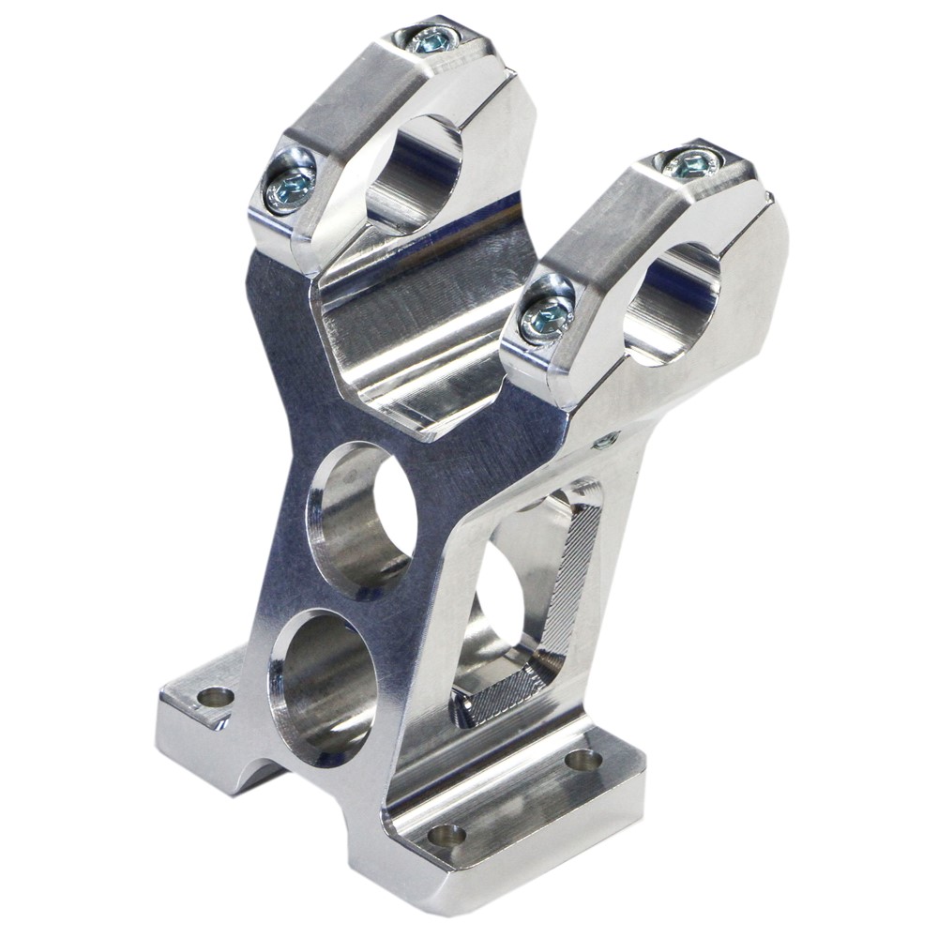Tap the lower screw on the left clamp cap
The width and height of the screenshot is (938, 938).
click(288, 190)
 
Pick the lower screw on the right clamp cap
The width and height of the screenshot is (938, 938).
click(547, 319)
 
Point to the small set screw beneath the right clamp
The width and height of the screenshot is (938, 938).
click(606, 439)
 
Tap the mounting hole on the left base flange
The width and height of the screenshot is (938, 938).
click(217, 697)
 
